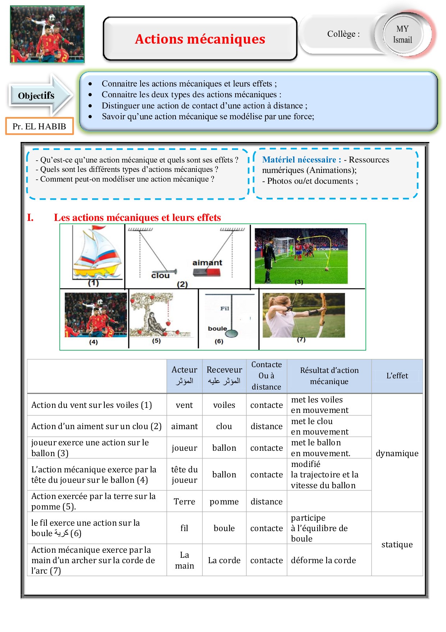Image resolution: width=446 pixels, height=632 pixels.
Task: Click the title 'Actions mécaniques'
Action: pos(200,39)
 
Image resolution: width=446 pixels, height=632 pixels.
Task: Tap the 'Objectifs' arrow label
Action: pos(36,95)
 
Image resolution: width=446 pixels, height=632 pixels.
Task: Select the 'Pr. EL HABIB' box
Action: pos(39,126)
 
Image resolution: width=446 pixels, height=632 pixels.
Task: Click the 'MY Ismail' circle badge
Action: pos(402,34)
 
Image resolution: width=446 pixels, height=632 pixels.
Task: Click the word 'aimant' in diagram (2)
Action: pos(207,263)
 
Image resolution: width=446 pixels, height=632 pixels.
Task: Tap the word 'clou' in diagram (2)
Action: pos(160,276)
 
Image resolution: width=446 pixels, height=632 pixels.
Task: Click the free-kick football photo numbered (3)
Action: pos(301,255)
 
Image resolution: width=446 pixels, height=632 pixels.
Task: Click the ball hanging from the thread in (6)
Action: pos(231,333)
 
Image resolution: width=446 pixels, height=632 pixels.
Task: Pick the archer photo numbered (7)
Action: pos(304,315)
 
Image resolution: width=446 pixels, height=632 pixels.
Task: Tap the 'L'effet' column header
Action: pos(397,375)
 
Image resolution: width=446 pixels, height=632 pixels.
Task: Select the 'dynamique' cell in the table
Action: pos(397,453)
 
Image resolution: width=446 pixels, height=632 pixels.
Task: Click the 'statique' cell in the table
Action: pos(397,544)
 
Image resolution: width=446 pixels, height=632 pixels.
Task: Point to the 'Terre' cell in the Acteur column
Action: pos(185,502)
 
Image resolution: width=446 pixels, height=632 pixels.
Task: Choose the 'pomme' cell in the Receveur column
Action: pos(224,502)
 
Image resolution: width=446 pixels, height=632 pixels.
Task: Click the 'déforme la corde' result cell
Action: pos(323,560)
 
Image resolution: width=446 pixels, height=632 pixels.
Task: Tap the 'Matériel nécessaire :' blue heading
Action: pos(301,160)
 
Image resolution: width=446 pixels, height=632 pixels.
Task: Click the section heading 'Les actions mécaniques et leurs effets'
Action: pos(137,218)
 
